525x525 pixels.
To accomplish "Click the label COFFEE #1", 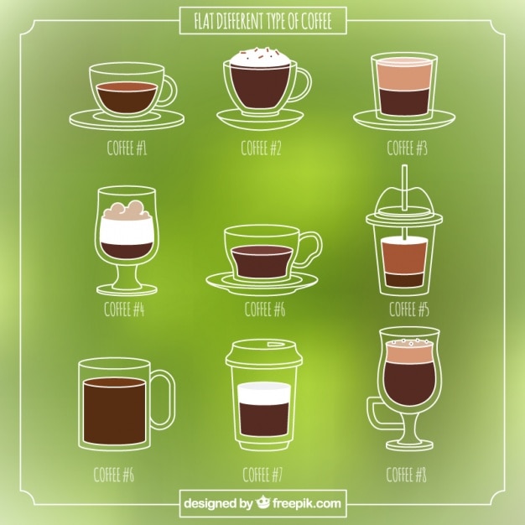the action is point(127,148).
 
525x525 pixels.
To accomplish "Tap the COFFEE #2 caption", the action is point(261,148).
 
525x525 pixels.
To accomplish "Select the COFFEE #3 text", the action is point(407,148).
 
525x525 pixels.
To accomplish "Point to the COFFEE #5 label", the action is point(408,309).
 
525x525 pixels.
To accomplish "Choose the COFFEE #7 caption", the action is point(262,475).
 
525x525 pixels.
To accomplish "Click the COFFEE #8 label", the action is point(406,475).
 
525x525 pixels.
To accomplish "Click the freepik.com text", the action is point(307,503).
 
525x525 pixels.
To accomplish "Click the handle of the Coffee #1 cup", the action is point(170,90).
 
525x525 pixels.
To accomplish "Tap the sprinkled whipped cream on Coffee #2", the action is point(261,57).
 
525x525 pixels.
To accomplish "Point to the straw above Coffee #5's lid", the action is point(404,187).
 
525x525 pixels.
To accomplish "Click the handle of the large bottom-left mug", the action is point(164,399).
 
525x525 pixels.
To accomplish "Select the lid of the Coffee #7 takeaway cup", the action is point(263,352).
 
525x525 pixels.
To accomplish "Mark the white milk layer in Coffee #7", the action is point(263,393).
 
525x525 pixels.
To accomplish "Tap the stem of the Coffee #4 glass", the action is point(127,274).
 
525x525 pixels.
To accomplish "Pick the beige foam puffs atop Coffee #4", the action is point(125,210).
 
